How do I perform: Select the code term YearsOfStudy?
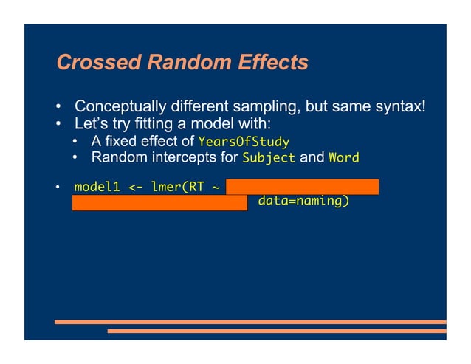pos(243,142)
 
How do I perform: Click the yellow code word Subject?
pos(269,157)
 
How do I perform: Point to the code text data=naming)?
pos(303,200)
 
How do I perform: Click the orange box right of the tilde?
pos(302,186)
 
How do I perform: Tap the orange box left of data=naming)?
pos(159,202)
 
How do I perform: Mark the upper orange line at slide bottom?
pos(250,322)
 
